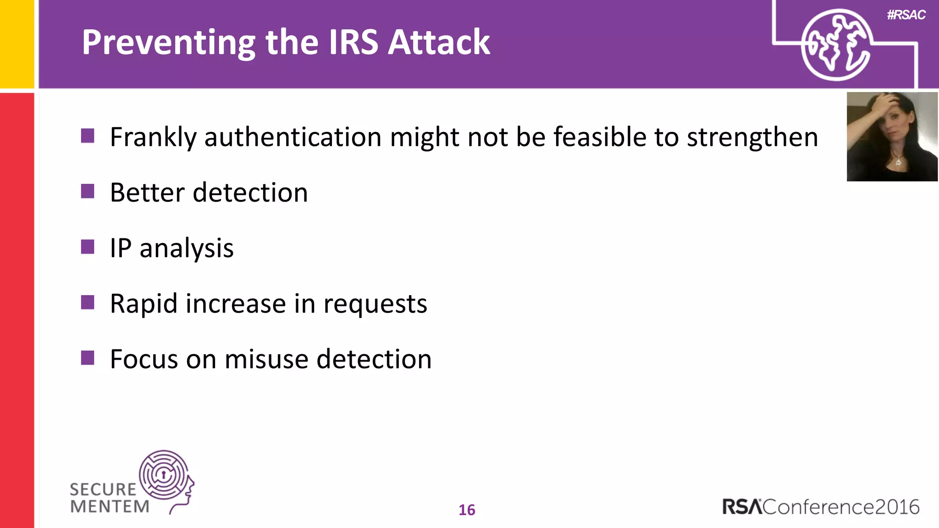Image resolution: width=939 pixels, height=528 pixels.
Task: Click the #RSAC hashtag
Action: coord(906,15)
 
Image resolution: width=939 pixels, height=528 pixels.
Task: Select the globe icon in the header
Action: coord(836,45)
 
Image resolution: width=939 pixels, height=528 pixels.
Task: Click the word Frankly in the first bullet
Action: coord(153,137)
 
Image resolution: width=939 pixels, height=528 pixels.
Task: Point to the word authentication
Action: coord(293,137)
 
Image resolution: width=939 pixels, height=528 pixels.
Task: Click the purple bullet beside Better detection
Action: coord(88,191)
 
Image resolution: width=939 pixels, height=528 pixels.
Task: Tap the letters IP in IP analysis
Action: coord(121,248)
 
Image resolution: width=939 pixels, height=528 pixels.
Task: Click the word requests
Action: coord(375,304)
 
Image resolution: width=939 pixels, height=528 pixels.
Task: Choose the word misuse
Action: coord(266,359)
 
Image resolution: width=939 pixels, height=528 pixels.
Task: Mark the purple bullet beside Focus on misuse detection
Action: coord(88,357)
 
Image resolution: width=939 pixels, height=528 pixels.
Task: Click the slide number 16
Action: coord(467,510)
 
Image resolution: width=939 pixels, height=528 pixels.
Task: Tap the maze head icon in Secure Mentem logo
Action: coord(165,477)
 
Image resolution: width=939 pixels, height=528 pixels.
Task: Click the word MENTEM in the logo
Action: coord(110,506)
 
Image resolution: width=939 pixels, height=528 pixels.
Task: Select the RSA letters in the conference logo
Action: coord(742,507)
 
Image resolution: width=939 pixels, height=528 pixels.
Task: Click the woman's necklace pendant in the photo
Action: coord(898,162)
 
